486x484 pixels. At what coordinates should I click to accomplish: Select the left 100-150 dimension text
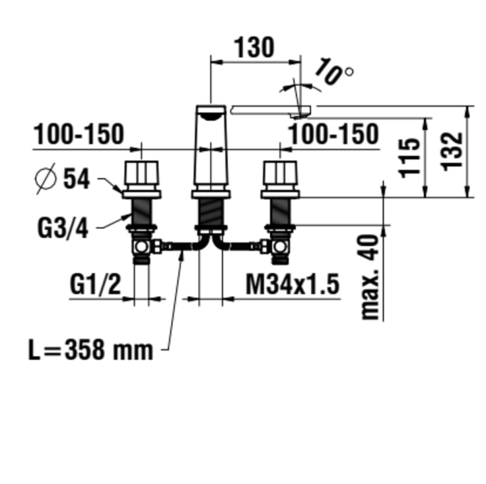pos(78,134)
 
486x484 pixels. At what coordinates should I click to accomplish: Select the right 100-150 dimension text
pos(333,134)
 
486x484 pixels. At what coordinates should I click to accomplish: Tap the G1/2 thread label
pos(95,284)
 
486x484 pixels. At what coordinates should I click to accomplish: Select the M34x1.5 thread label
pos(292,284)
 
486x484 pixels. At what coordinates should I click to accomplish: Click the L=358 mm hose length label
pos(91,350)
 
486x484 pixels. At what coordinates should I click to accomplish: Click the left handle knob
pos(141,175)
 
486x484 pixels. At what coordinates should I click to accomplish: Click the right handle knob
pos(280,175)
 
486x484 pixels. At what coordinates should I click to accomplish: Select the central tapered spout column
pos(211,149)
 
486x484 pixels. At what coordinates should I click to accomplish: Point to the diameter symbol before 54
pos(47,179)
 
